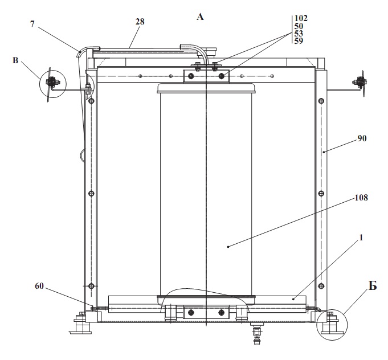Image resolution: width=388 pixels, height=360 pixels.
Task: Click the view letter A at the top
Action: coord(200,17)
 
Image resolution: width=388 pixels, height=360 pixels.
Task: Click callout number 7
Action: coord(32,24)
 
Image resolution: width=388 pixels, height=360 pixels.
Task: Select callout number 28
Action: coord(140,22)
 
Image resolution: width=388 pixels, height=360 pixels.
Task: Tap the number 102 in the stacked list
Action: coord(301,18)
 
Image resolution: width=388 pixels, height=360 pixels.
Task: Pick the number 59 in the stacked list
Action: coord(299,40)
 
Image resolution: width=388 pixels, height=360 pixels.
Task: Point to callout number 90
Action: coord(362,138)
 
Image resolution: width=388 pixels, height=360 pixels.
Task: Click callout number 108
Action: coord(361,198)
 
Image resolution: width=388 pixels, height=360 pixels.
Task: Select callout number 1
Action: coord(361,238)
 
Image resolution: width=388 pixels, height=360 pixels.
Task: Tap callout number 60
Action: coord(39,286)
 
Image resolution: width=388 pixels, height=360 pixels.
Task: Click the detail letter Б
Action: coord(373,286)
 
